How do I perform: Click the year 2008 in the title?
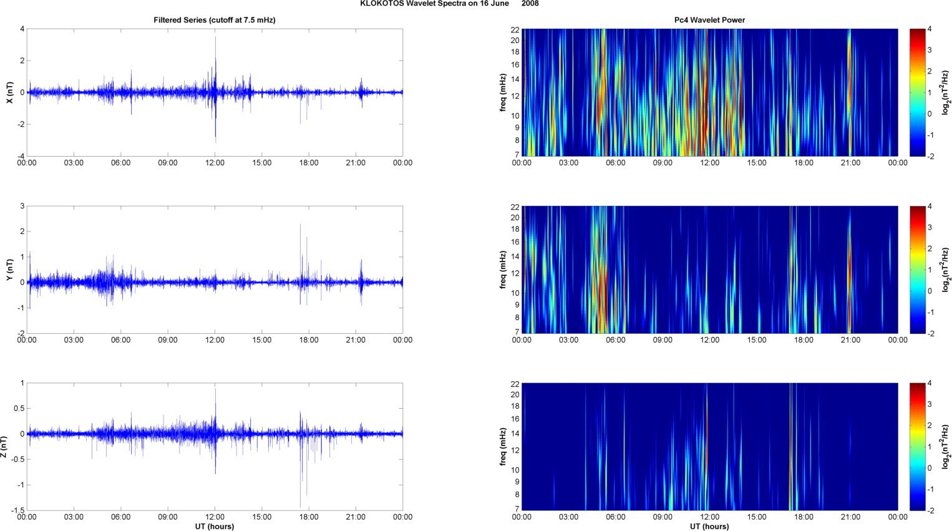click(530, 4)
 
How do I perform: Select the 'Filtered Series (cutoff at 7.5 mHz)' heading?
click(214, 20)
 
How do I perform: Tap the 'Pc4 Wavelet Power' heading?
click(709, 20)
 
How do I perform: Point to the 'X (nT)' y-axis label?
click(9, 92)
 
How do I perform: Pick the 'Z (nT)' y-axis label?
click(4, 447)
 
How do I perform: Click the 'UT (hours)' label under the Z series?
click(214, 526)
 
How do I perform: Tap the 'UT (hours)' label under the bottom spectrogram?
click(709, 526)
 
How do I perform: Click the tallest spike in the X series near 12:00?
click(216, 39)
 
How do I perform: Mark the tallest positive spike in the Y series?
click(300, 225)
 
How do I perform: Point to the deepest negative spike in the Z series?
click(300, 507)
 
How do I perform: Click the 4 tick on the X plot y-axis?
click(22, 29)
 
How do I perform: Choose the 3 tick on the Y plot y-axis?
click(22, 206)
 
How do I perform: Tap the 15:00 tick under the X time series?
click(261, 163)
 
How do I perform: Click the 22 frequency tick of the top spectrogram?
click(515, 30)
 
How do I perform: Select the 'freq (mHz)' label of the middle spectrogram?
click(503, 270)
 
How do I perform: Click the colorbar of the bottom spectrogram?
click(917, 447)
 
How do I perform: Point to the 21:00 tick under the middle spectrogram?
click(850, 340)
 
